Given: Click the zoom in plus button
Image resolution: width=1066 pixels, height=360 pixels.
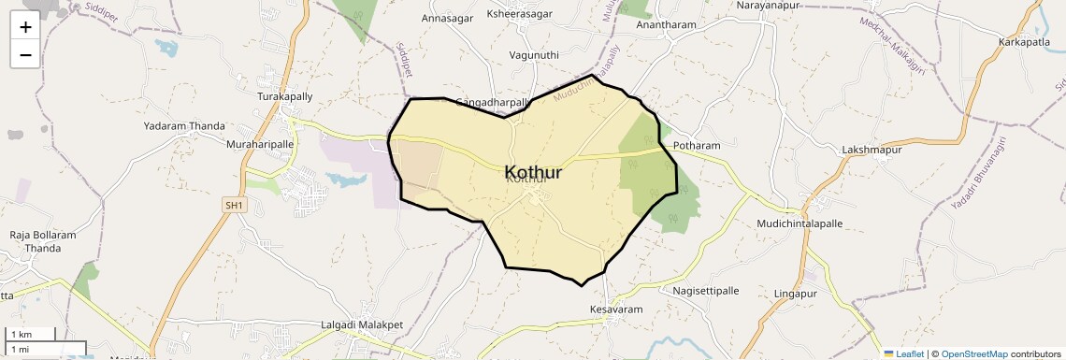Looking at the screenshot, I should coord(25,26).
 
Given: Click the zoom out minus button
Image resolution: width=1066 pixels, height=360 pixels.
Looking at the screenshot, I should coord(25,54).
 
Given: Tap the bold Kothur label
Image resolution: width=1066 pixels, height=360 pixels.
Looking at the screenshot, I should coord(533,172).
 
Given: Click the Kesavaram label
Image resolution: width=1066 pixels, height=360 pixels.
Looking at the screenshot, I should coord(616,309).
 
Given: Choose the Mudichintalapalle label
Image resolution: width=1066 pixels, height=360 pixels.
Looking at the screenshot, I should coord(799,224).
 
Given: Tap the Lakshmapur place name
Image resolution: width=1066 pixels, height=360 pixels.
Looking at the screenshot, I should coord(872,150).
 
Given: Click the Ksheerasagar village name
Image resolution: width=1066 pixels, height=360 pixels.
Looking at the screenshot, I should coord(520,14).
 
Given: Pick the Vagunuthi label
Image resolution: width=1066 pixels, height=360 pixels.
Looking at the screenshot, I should coord(534,55).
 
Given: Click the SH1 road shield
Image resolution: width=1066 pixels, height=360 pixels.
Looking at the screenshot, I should coord(234,204).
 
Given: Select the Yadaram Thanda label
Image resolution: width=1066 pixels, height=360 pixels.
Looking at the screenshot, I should coord(184,125).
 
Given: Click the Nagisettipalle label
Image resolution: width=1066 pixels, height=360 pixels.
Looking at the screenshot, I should coord(706,291).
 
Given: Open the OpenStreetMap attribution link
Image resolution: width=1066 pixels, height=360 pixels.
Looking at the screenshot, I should coord(975,353).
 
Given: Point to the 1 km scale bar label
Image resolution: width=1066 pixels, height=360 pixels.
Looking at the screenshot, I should coord(22,335).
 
